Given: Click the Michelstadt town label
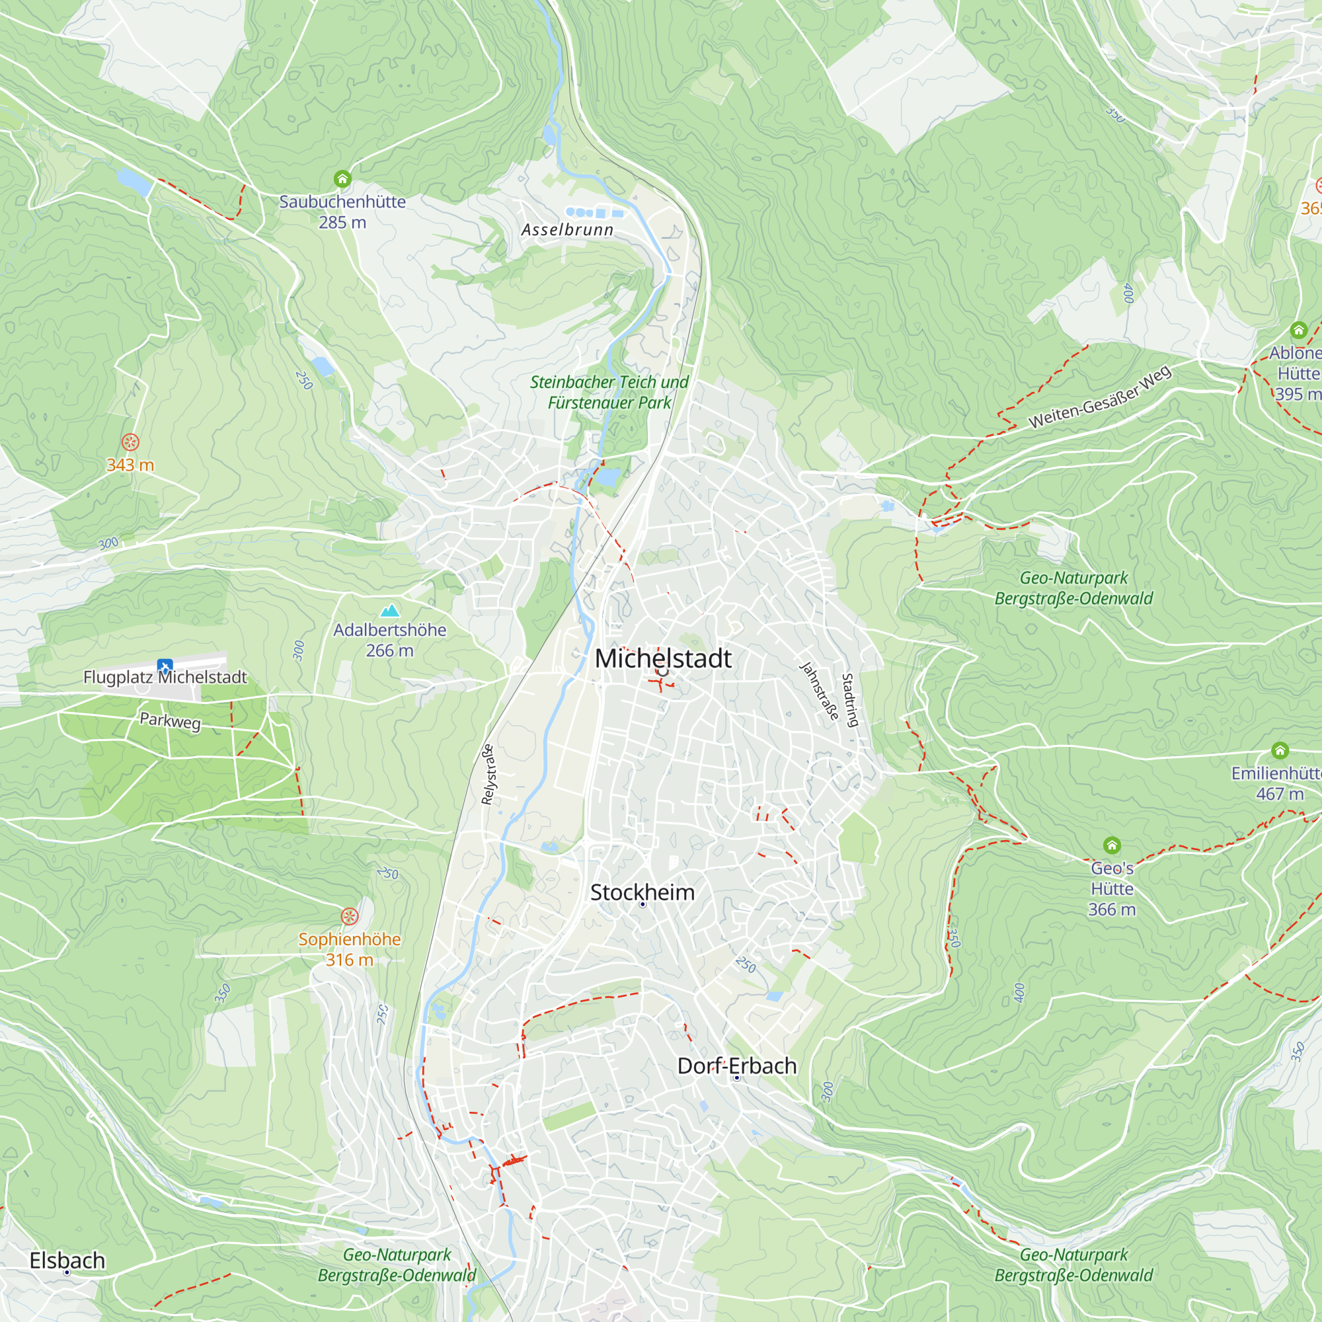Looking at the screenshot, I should pyautogui.click(x=662, y=658).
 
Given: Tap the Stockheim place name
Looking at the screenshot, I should pyautogui.click(x=642, y=892).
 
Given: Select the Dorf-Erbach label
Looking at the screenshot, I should pyautogui.click(x=736, y=1066).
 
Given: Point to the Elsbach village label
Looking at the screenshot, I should pyautogui.click(x=67, y=1261).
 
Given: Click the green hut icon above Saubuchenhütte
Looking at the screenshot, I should pyautogui.click(x=342, y=179).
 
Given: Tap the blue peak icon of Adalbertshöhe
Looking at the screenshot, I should pyautogui.click(x=389, y=610).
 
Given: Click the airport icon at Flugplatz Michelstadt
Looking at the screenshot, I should pyautogui.click(x=164, y=666).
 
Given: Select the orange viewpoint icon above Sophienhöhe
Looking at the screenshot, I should pyautogui.click(x=350, y=916).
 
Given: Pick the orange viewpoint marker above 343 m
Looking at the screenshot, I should pyautogui.click(x=130, y=442).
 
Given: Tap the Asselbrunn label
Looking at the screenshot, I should pyautogui.click(x=567, y=230).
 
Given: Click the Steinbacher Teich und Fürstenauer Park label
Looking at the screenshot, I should pyautogui.click(x=609, y=392).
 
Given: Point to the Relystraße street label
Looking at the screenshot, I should pyautogui.click(x=488, y=774).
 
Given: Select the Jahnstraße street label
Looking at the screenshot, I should pyautogui.click(x=819, y=691).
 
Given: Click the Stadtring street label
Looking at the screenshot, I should pyautogui.click(x=849, y=700).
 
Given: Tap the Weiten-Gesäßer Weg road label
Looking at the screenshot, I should pyautogui.click(x=1100, y=397).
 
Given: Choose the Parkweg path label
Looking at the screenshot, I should pyautogui.click(x=171, y=720).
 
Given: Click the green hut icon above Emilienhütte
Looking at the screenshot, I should pyautogui.click(x=1280, y=751).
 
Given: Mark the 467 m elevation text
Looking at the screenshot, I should pyautogui.click(x=1280, y=794).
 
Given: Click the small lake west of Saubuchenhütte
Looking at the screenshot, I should pyautogui.click(x=135, y=182).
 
